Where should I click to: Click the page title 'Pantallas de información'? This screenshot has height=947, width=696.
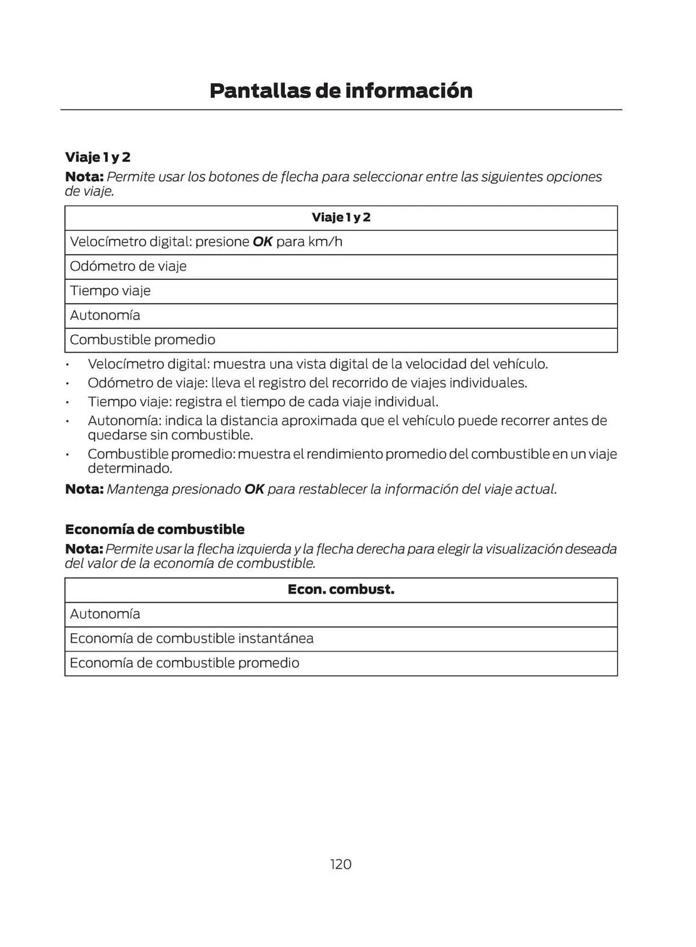[x=341, y=90]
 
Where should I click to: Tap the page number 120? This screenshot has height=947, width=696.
[x=341, y=864]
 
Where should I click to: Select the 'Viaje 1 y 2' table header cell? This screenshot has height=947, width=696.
[x=341, y=217]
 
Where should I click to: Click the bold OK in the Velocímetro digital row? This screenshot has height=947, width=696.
[x=263, y=241]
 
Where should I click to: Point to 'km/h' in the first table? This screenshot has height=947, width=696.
[x=325, y=241]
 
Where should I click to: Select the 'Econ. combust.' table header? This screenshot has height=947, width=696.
[x=341, y=590]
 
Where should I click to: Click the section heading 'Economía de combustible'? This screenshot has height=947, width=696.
[x=155, y=529]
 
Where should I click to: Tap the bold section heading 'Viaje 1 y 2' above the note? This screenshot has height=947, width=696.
[x=97, y=157]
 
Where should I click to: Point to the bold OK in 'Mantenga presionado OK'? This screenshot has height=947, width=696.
[x=254, y=489]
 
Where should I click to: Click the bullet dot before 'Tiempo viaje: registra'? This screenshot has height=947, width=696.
[x=68, y=402]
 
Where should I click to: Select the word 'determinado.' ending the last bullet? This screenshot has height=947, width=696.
[x=130, y=468]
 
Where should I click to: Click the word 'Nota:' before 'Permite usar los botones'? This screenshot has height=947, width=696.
[x=84, y=177]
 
